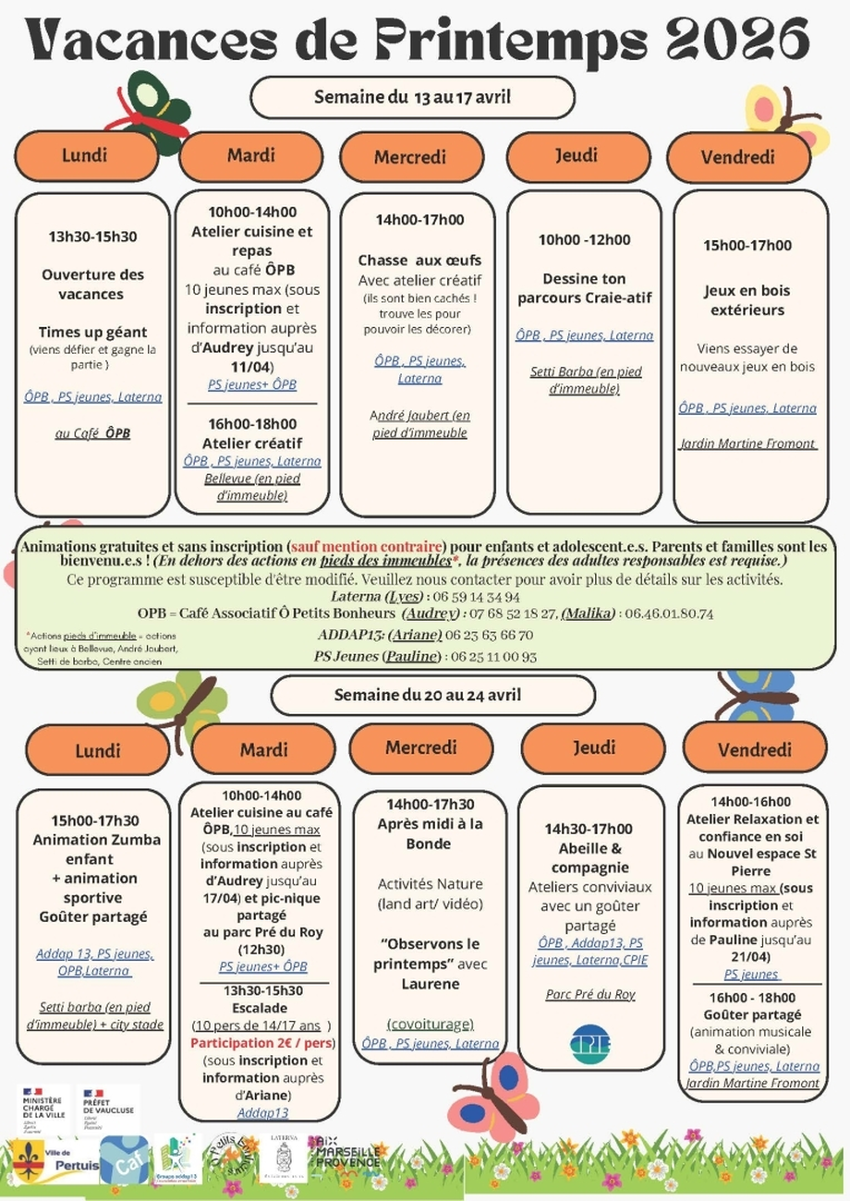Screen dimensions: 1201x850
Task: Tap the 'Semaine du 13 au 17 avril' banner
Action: (x=412, y=97)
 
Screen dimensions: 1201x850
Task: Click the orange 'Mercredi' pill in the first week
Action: (x=409, y=158)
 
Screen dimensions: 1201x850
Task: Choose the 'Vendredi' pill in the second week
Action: (x=754, y=750)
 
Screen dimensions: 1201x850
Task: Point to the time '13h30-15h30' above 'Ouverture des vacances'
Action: (x=92, y=237)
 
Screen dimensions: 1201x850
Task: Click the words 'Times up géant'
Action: (x=92, y=332)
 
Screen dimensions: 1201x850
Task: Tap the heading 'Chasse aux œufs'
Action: (x=419, y=261)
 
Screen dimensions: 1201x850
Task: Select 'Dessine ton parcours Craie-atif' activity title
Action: (x=584, y=288)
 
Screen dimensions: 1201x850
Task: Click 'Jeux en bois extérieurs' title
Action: (x=747, y=300)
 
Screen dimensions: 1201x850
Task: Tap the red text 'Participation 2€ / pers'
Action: (x=262, y=1043)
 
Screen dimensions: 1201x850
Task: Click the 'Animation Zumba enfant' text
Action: (x=96, y=849)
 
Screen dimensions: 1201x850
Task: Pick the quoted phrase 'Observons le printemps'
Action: (x=431, y=953)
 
